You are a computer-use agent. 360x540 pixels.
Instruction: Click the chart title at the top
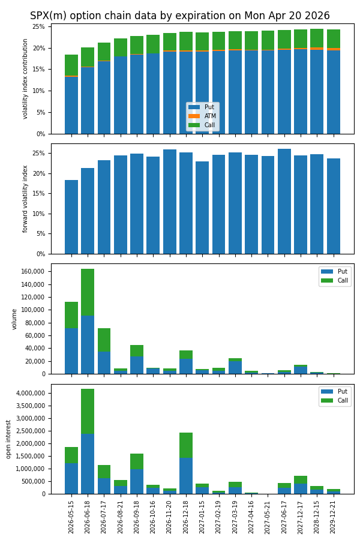pyautogui.click(x=180, y=16)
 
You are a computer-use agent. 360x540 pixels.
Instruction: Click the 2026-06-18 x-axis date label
pyautogui.click(x=88, y=517)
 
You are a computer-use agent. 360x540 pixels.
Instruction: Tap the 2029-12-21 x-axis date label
pyautogui.click(x=334, y=517)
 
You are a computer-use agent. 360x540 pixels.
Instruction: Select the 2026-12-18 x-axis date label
pyautogui.click(x=186, y=517)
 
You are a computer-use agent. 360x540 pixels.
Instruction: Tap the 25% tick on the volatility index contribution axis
pyautogui.click(x=38, y=27)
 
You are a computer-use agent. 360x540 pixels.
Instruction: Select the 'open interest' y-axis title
pyautogui.click(x=10, y=439)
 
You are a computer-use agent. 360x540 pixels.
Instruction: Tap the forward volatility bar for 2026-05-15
pyautogui.click(x=71, y=217)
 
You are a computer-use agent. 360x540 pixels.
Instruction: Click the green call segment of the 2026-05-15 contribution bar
pyautogui.click(x=71, y=65)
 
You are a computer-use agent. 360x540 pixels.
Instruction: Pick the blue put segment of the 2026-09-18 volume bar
pyautogui.click(x=137, y=365)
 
